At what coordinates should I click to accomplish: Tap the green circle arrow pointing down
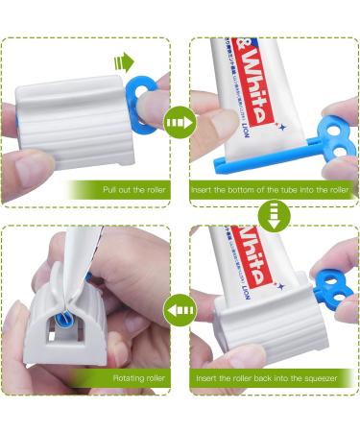click(x=272, y=217)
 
